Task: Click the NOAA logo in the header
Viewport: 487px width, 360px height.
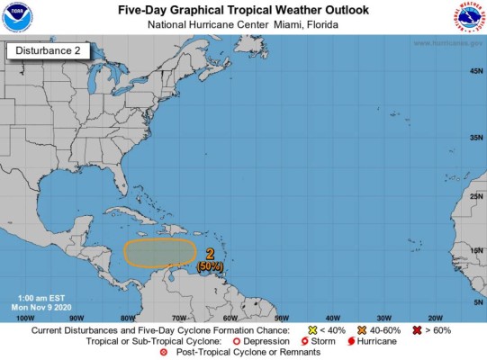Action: pos(18,17)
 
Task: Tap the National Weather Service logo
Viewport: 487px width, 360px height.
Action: pos(468,17)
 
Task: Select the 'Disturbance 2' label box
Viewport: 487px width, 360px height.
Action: pos(50,51)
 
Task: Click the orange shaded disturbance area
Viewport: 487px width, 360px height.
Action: pos(159,253)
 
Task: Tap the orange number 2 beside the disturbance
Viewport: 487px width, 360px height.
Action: pos(210,254)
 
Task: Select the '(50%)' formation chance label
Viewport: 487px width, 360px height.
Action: pos(210,266)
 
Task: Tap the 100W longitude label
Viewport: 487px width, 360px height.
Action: pos(26,317)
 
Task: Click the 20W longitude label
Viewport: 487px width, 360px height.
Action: pos(435,317)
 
